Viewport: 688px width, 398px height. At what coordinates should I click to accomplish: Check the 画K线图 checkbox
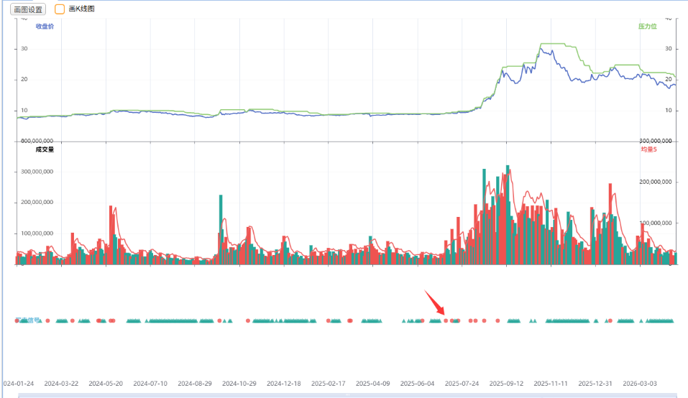[60, 9]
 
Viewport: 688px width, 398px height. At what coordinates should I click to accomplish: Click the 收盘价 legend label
[45, 27]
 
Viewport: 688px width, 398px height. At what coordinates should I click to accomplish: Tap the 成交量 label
[45, 149]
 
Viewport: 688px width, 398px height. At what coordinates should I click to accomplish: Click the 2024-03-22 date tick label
[61, 384]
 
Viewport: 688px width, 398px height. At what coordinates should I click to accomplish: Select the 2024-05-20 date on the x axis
[106, 384]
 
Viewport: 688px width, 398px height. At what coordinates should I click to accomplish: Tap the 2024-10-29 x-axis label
[239, 384]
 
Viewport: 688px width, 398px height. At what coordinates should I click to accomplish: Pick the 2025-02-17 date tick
[329, 384]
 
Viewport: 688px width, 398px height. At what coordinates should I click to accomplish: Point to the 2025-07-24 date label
[462, 384]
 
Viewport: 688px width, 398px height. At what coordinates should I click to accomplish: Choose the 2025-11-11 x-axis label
[551, 384]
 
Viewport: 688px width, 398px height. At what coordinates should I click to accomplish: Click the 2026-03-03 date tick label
[640, 384]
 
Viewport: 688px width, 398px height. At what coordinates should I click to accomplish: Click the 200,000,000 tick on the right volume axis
[655, 182]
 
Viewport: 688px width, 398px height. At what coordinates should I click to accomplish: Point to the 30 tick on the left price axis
[24, 49]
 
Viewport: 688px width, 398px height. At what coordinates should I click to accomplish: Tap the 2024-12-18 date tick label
[284, 384]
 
